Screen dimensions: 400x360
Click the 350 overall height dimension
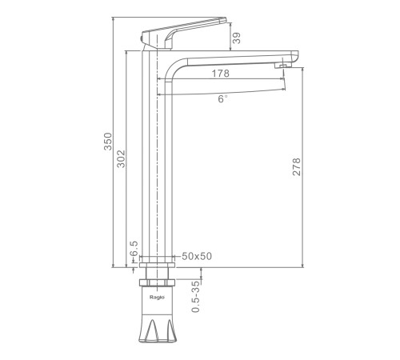click(x=108, y=142)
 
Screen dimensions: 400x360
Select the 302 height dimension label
click(x=121, y=158)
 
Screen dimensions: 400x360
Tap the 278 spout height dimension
click(x=296, y=166)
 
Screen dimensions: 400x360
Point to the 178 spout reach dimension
click(x=221, y=74)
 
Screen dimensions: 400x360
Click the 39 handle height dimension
click(x=236, y=38)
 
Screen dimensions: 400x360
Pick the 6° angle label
click(x=223, y=99)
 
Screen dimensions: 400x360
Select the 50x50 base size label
click(x=197, y=256)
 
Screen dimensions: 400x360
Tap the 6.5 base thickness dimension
click(x=134, y=248)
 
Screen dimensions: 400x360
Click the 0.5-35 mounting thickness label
click(x=196, y=297)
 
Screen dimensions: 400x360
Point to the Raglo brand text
click(x=157, y=298)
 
